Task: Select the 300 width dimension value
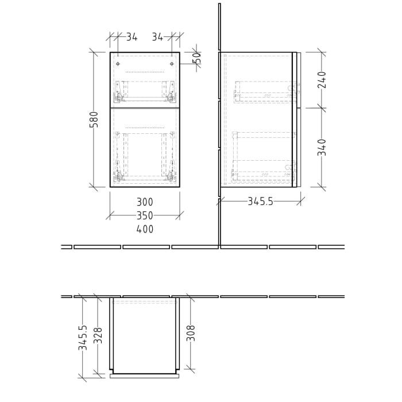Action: (x=145, y=202)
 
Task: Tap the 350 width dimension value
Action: (x=145, y=216)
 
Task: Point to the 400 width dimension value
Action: (x=145, y=229)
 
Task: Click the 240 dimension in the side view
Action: (x=322, y=80)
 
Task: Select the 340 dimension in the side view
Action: (x=322, y=147)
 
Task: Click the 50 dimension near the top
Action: (x=197, y=58)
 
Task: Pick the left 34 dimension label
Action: (x=132, y=37)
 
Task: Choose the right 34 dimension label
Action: (x=157, y=37)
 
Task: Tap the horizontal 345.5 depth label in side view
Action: (x=260, y=202)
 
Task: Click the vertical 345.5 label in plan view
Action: (x=83, y=338)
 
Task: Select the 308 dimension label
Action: (x=191, y=334)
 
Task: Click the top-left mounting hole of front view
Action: (x=118, y=64)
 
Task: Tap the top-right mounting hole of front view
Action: (x=172, y=64)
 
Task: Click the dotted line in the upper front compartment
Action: (x=145, y=72)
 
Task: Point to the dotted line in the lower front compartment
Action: (x=145, y=127)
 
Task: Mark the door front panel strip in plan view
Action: (x=145, y=376)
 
